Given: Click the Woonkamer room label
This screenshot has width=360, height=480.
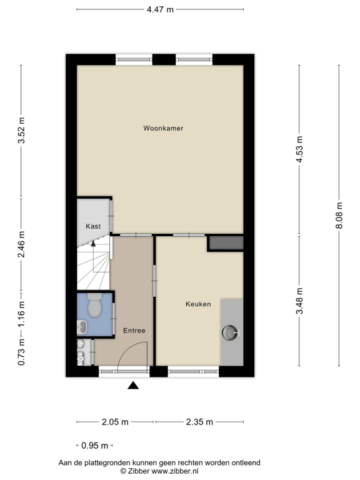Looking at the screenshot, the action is (163, 128).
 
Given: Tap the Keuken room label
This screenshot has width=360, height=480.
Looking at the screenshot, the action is (198, 304).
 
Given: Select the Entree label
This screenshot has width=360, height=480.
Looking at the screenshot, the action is (134, 331).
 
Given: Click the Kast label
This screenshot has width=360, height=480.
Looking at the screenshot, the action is (93, 226).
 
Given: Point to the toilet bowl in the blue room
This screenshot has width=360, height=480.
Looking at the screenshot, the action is (94, 305).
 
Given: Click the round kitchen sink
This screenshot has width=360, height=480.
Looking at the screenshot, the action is (230, 332).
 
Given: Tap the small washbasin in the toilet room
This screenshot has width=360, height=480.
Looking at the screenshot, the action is (82, 327).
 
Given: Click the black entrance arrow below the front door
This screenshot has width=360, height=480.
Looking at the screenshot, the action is (133, 385).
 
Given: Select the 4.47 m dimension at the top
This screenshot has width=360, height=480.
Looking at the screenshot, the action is (160, 9).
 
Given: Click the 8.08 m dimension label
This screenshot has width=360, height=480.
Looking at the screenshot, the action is (339, 216).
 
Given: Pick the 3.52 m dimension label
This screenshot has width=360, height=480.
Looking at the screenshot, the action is (21, 131).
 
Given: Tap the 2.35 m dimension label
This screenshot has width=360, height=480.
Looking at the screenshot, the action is (199, 422).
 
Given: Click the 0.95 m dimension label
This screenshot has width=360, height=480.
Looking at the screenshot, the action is (94, 446).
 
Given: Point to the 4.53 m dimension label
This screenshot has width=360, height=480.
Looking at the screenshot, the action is (299, 149).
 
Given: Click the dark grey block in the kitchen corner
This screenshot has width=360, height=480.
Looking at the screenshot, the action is (226, 242).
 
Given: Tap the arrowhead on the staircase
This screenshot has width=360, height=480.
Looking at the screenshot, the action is (93, 243).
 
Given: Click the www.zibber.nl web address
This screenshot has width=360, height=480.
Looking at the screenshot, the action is (175, 471).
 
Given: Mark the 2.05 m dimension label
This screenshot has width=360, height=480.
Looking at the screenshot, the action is (115, 422).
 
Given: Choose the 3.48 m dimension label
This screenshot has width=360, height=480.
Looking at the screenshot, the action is (299, 301).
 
